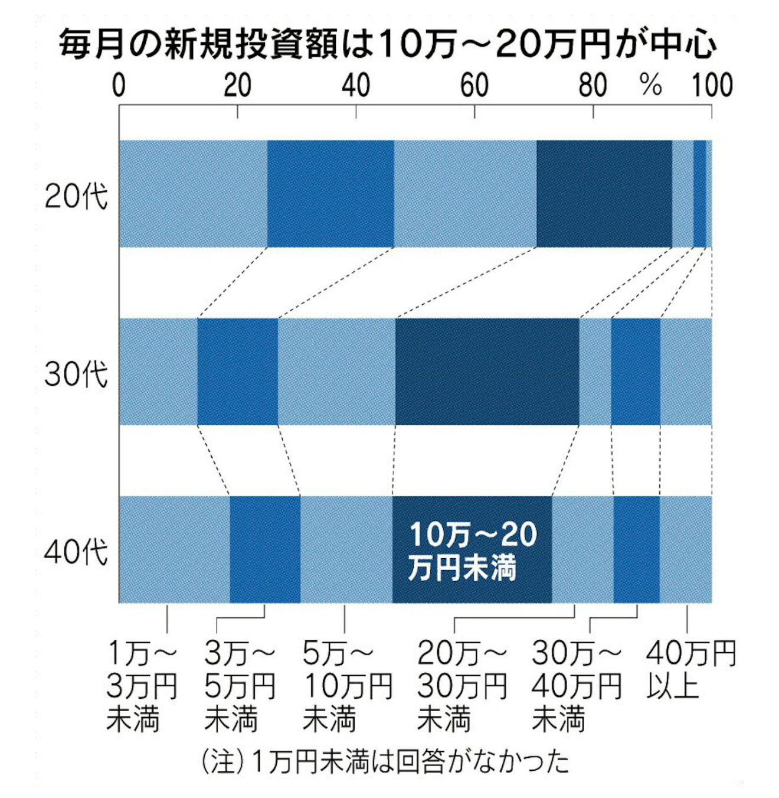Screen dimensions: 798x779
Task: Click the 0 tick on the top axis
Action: pos(119,85)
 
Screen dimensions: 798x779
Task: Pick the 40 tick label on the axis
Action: pos(356,85)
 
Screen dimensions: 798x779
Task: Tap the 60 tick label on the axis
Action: pos(474,85)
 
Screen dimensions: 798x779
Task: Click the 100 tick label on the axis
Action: pos(712,85)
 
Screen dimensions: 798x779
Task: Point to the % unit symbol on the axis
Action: pos(650,86)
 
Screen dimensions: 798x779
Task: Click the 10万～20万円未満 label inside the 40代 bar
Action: pos(472,551)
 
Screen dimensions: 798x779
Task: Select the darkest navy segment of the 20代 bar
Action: pos(604,193)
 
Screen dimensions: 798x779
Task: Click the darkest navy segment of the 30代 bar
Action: pos(487,372)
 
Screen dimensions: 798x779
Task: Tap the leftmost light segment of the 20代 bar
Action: pos(193,193)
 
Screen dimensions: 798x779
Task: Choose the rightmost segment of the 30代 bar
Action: pos(686,372)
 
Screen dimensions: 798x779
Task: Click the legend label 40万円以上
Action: pos(690,670)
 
